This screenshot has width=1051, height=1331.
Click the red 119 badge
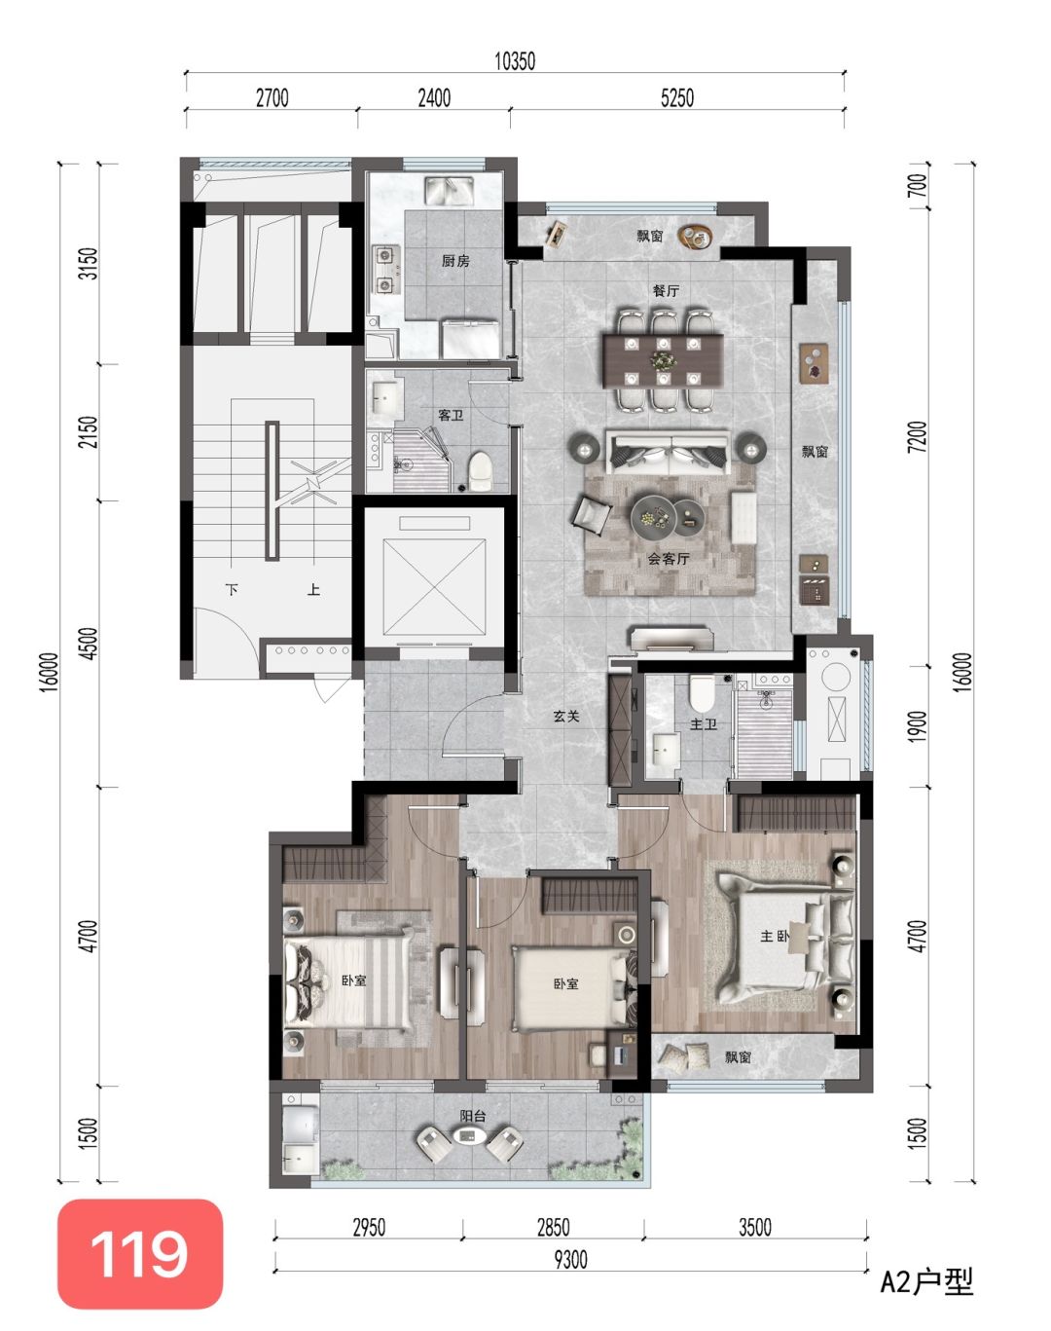(x=140, y=1254)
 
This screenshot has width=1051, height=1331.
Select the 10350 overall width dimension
(x=515, y=61)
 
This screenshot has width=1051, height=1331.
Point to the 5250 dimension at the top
(x=677, y=98)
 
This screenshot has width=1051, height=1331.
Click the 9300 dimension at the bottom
(x=570, y=1261)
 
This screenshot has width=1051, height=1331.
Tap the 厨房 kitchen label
(x=455, y=261)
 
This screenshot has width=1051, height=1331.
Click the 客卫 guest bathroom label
(x=451, y=415)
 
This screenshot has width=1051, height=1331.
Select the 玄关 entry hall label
(x=566, y=717)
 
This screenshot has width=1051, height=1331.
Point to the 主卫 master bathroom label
(x=705, y=723)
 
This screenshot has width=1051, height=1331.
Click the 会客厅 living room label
(x=669, y=559)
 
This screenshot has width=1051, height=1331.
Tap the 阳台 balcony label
(x=473, y=1116)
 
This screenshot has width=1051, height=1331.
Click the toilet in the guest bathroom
(x=481, y=470)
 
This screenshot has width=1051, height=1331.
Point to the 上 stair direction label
(x=314, y=589)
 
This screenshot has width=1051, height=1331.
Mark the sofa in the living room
(x=668, y=452)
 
